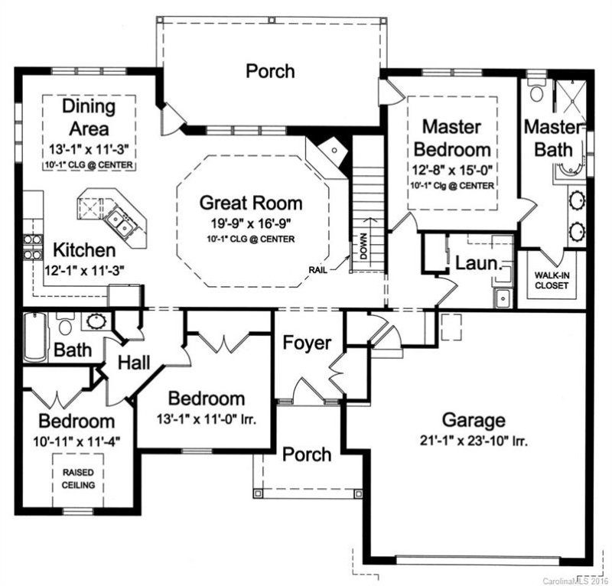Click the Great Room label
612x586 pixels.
[251, 203]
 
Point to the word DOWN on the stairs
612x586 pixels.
[364, 246]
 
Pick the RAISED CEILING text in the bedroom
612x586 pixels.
[78, 479]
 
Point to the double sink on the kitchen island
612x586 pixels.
[121, 222]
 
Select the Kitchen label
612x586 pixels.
[84, 250]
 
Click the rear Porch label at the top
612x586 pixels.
[270, 71]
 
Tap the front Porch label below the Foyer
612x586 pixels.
[307, 454]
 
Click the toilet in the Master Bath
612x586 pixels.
[537, 93]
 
